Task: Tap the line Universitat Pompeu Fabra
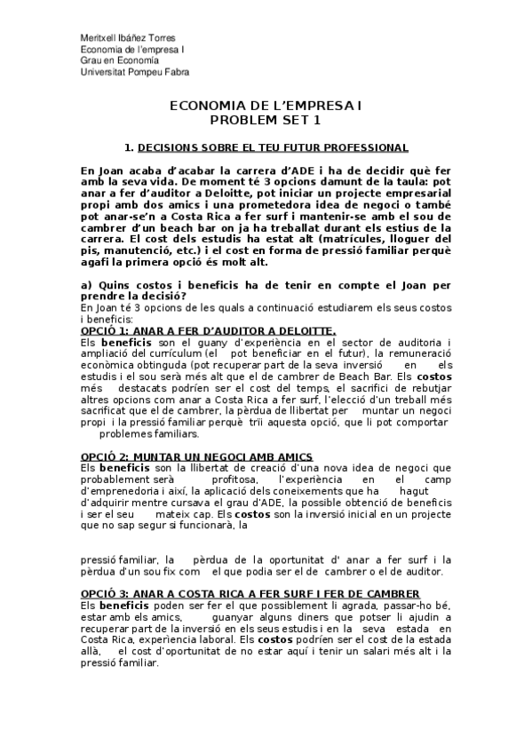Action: click(x=134, y=72)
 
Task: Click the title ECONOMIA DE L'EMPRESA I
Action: click(x=266, y=106)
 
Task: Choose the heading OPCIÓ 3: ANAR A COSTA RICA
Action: click(x=250, y=594)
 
